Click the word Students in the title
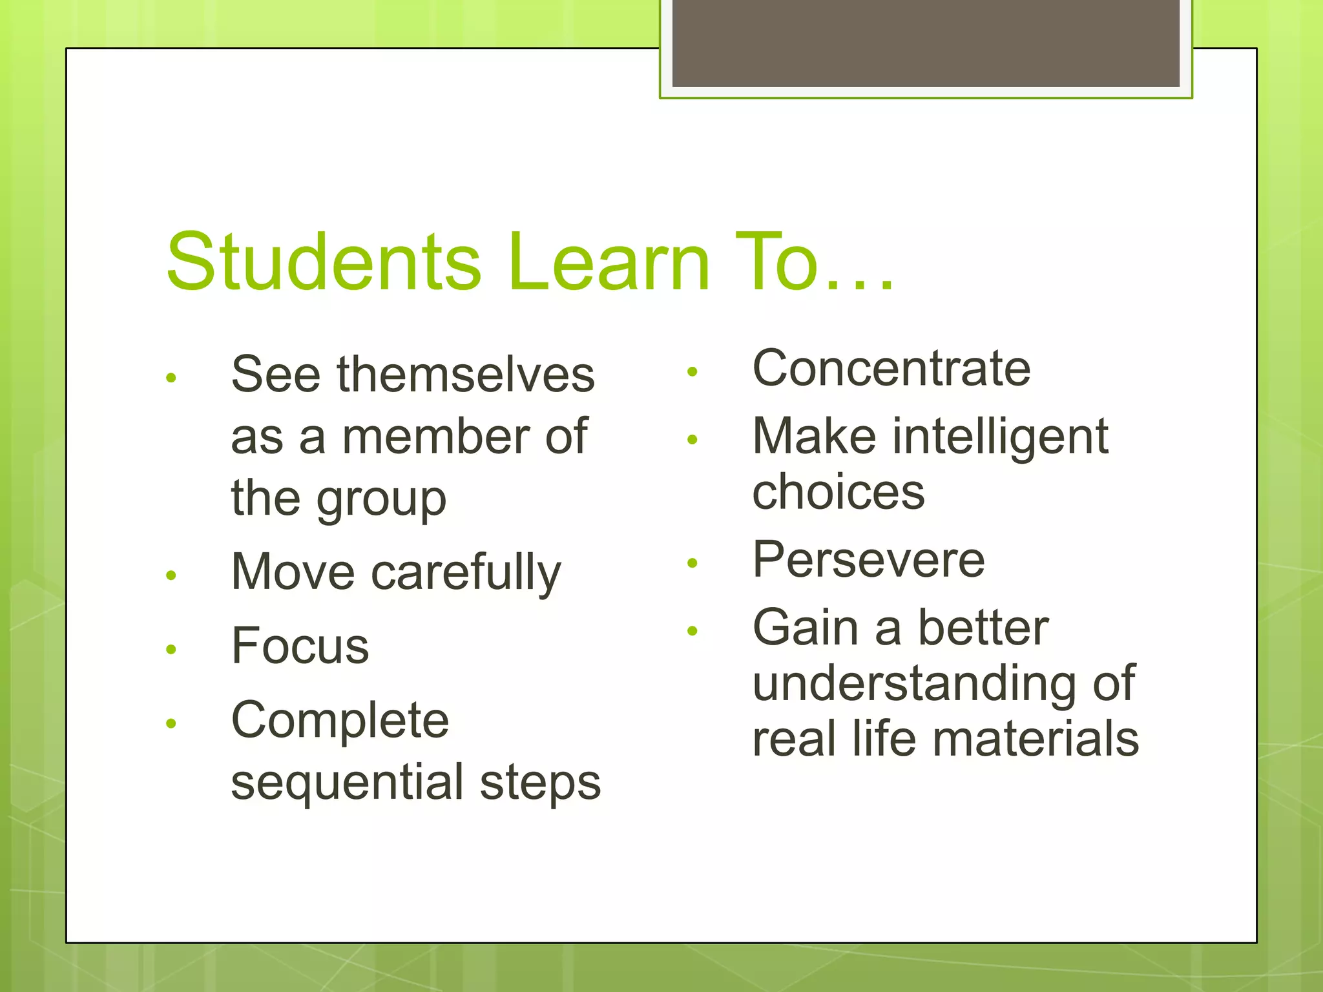pyautogui.click(x=323, y=262)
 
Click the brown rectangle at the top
pyautogui.click(x=925, y=43)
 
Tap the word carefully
pyautogui.click(x=466, y=573)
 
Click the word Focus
pyautogui.click(x=300, y=646)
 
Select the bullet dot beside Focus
pyautogui.click(x=171, y=649)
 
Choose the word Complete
pyautogui.click(x=340, y=721)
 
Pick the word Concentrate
pyautogui.click(x=891, y=369)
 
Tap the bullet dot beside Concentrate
pyautogui.click(x=693, y=372)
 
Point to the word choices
pyautogui.click(x=839, y=492)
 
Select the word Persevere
pyautogui.click(x=869, y=560)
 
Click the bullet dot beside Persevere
pyautogui.click(x=693, y=563)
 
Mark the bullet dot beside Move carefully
pyautogui.click(x=171, y=575)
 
